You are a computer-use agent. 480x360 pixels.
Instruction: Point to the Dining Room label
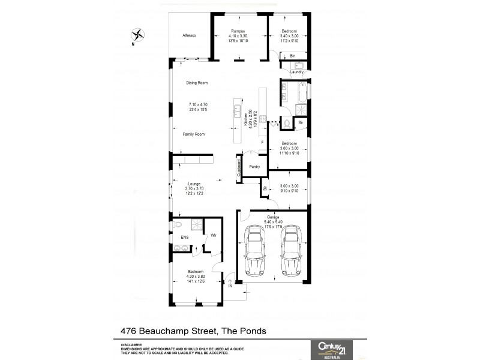[x=196, y=83]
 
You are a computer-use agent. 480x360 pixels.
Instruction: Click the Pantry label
[x=254, y=166]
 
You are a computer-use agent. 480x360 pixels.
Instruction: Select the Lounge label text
[x=194, y=184]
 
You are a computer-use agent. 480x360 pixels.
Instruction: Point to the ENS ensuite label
[x=184, y=238]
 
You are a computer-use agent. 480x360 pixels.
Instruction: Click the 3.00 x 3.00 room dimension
[x=289, y=186]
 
